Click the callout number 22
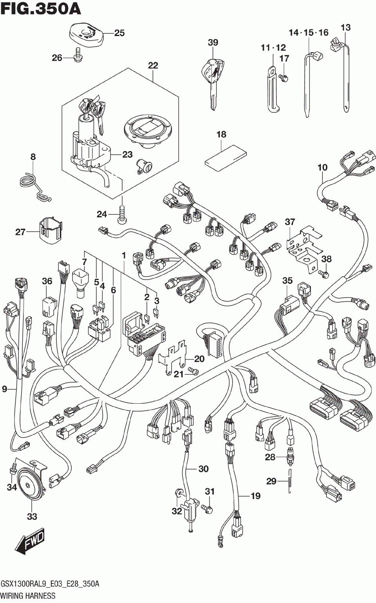click(153, 65)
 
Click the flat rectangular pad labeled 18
click(226, 158)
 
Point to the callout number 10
click(322, 168)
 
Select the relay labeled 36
click(49, 306)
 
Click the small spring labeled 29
click(289, 481)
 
